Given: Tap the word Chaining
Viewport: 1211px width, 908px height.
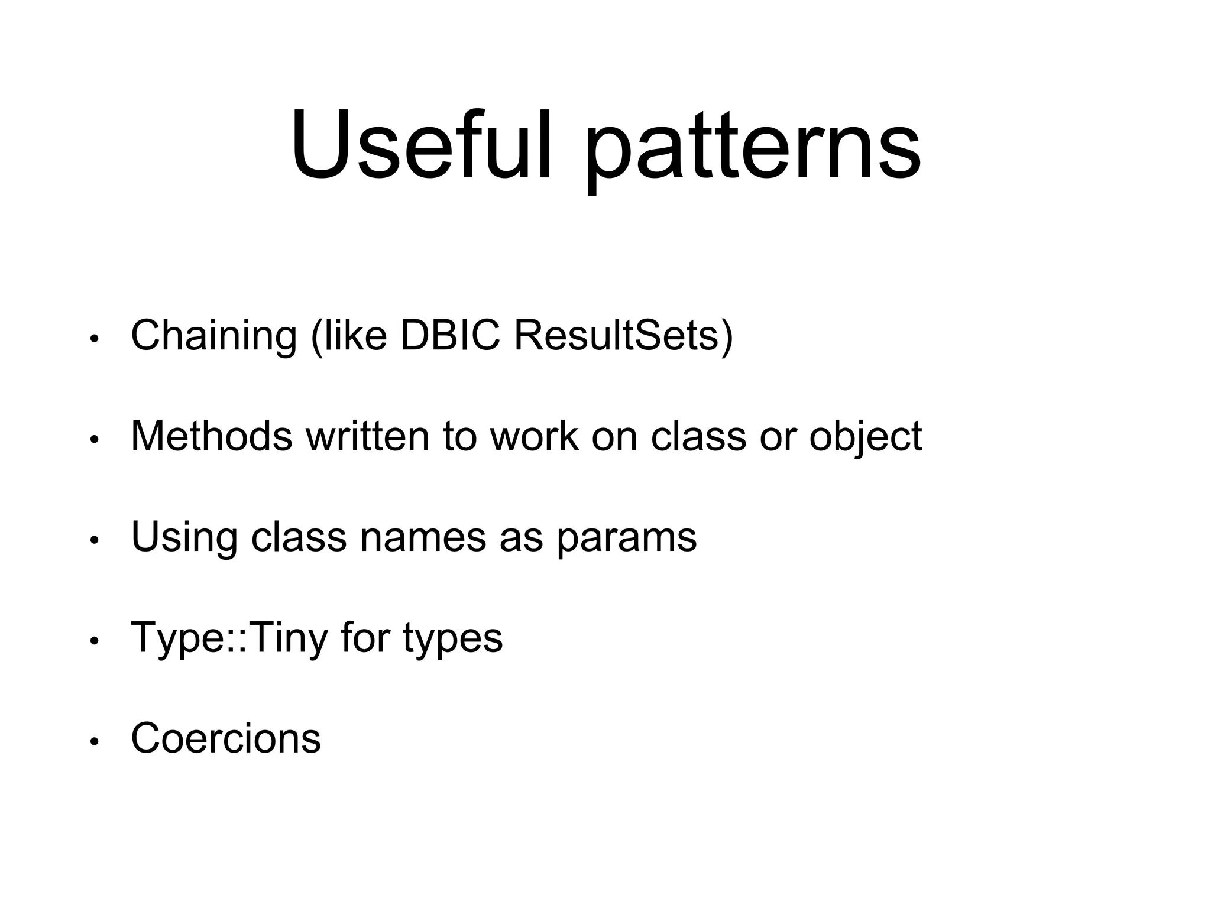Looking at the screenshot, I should click(x=213, y=336).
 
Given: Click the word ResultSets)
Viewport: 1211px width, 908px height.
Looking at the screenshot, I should click(x=623, y=335).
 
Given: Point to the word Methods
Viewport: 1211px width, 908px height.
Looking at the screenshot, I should click(x=211, y=436).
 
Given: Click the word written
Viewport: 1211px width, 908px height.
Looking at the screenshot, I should click(x=367, y=436).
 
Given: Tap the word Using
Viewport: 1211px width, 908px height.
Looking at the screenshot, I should click(x=184, y=537).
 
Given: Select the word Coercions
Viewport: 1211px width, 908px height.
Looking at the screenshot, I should click(x=225, y=738).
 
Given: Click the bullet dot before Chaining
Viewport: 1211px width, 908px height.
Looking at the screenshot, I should click(x=93, y=339).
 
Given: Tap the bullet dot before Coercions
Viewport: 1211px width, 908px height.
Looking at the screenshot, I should click(x=93, y=742).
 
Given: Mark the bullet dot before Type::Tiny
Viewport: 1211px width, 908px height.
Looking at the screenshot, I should click(x=93, y=641).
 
